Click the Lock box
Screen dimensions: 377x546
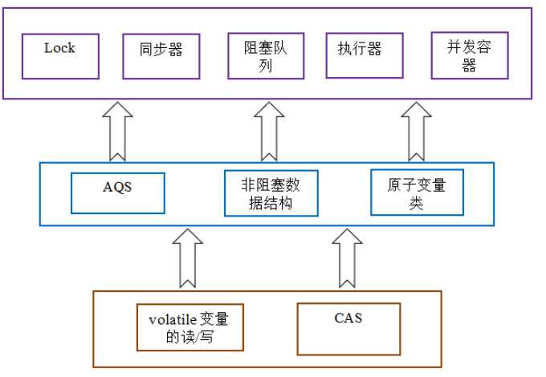pos(60,55)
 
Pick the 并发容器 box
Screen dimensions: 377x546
pos(468,55)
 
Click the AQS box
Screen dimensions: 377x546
pos(118,193)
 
